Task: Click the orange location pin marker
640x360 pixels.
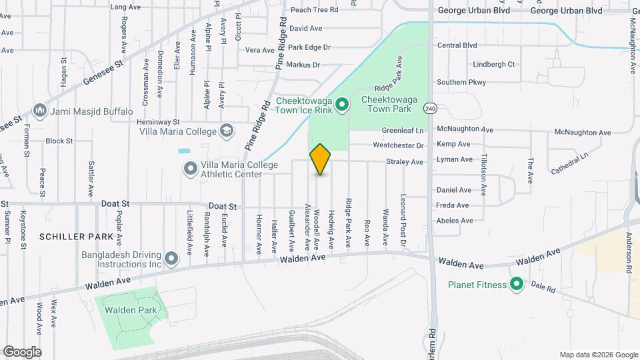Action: pyautogui.click(x=320, y=159)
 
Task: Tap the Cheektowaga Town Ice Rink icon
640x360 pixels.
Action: pyautogui.click(x=342, y=104)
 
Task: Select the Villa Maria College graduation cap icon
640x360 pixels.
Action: pyautogui.click(x=227, y=130)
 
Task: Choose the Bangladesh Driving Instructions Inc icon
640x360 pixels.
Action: pyautogui.click(x=171, y=258)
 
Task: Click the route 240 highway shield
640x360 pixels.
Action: pyautogui.click(x=431, y=108)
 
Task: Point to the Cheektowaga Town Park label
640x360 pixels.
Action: pyautogui.click(x=389, y=104)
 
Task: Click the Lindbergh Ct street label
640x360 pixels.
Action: pyautogui.click(x=493, y=65)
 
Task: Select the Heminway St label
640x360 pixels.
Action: pyautogui.click(x=158, y=122)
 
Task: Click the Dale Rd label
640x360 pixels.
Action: pyautogui.click(x=543, y=287)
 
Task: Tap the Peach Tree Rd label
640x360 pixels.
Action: pyautogui.click(x=315, y=9)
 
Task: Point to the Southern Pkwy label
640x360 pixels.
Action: pyautogui.click(x=461, y=82)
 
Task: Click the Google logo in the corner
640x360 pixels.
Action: pyautogui.click(x=22, y=352)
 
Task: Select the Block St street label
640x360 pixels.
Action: pyautogui.click(x=59, y=141)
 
